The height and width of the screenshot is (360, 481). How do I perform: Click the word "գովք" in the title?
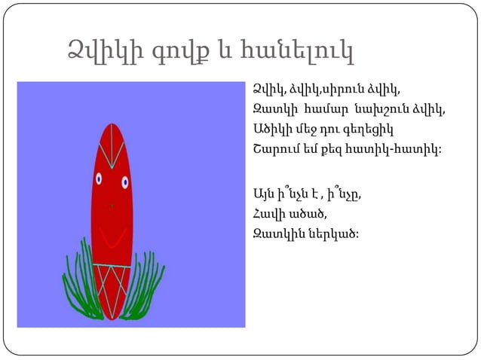[x=174, y=53]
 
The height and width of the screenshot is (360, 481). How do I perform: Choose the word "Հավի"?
[x=270, y=212]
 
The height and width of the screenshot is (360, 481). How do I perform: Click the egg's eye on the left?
[x=99, y=179]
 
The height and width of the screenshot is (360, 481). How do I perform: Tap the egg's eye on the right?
[x=124, y=182]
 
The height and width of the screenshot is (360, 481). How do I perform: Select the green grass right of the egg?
[x=143, y=286]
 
